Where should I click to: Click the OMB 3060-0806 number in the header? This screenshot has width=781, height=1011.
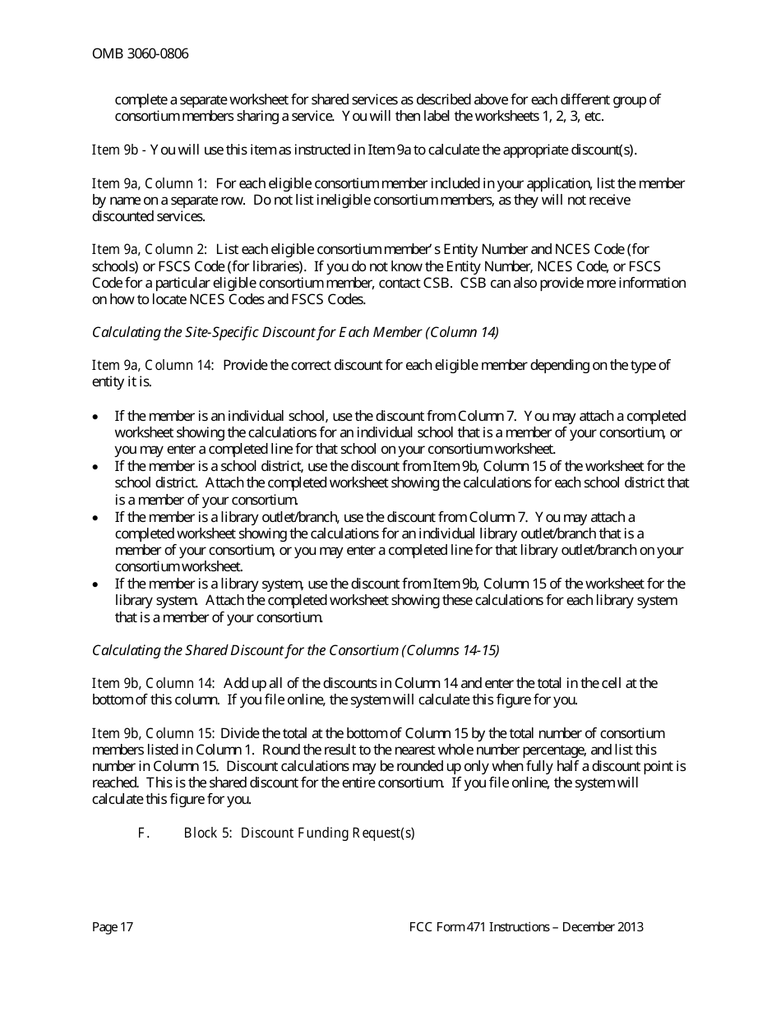pos(140,54)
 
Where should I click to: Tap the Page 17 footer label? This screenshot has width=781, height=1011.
pos(113,927)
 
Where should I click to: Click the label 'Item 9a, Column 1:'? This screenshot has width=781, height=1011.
pos(150,183)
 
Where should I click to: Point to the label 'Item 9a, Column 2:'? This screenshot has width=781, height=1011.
pos(150,249)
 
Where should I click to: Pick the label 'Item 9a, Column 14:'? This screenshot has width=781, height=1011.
pos(153,365)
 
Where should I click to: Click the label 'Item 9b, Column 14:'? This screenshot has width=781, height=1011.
pos(154,683)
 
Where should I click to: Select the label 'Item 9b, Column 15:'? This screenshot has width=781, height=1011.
pos(154,733)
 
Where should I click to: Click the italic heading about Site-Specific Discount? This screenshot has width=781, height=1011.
pos(295,332)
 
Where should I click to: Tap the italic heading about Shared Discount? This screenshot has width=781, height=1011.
pos(295,650)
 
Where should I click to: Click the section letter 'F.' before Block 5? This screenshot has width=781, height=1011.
pos(143,833)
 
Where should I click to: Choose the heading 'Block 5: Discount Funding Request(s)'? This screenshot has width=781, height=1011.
pos(299,833)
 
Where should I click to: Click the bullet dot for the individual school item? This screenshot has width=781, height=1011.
pos(96,417)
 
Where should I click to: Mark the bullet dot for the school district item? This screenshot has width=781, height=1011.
pos(96,467)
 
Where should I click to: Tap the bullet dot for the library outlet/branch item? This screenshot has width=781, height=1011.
pos(96,518)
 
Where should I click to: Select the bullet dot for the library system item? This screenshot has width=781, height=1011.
pos(96,584)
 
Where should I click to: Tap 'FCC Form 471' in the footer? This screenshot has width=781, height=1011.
pos(447,927)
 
